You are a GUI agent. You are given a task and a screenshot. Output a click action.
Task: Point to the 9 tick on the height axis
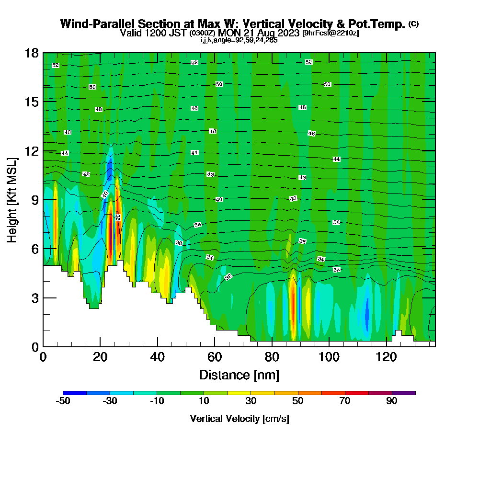[x=43, y=200]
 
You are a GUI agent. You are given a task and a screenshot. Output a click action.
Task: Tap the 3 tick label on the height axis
[x=34, y=298]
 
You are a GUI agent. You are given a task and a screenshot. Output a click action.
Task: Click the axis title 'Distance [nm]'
[x=239, y=375]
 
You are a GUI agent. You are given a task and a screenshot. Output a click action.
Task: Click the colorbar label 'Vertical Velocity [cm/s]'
[x=239, y=419]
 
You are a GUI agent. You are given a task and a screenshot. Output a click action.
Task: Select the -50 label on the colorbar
[x=63, y=402]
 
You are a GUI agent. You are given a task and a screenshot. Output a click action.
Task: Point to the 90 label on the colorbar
[x=392, y=402]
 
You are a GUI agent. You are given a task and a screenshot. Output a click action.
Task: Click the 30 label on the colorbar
[x=251, y=402]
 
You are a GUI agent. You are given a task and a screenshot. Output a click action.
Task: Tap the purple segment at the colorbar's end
[x=403, y=393]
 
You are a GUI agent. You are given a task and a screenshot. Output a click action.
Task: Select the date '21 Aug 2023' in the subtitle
[x=274, y=34]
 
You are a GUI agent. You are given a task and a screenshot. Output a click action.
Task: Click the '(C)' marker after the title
[x=413, y=24]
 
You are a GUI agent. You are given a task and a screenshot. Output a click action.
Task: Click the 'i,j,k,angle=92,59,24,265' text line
[x=239, y=40]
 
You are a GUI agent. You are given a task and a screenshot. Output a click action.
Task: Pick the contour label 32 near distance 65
[x=228, y=277]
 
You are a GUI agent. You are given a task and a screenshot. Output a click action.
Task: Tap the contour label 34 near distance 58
[x=210, y=258]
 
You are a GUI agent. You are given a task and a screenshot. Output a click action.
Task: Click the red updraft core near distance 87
[x=292, y=307]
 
